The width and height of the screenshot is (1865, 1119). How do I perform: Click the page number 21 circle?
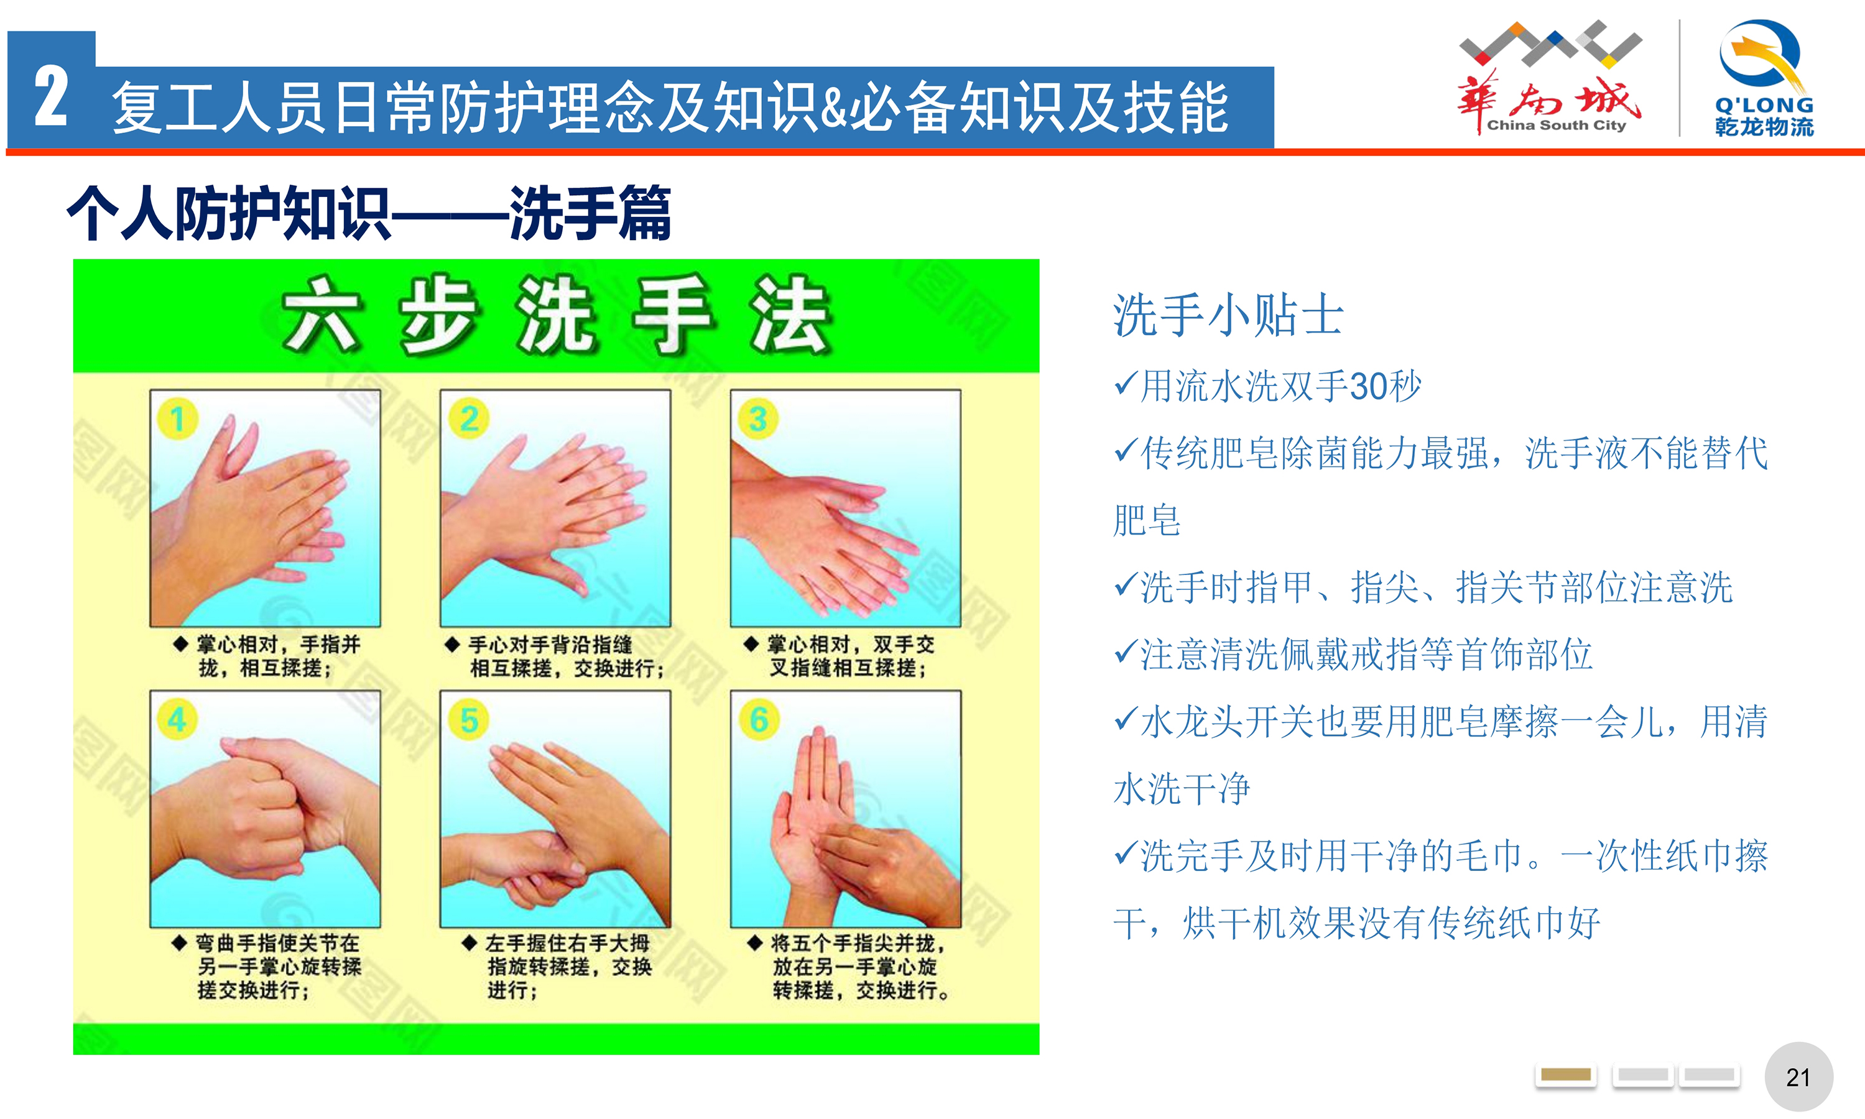click(x=1798, y=1077)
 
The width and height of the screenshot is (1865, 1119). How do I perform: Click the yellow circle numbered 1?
click(x=178, y=418)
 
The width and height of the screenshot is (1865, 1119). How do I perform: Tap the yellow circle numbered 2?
click(x=468, y=418)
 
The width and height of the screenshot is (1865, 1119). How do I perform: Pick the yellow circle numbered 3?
click(x=758, y=418)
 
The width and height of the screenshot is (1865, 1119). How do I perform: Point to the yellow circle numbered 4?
click(x=178, y=719)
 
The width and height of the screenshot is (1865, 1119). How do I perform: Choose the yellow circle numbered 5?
click(x=468, y=719)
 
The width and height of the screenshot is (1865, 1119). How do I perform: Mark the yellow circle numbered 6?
click(x=758, y=719)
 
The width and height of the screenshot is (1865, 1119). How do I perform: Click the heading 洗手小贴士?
click(x=1228, y=315)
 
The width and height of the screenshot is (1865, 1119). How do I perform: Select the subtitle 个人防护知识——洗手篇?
click(x=369, y=213)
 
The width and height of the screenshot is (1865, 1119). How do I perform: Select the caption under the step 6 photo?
click(x=848, y=967)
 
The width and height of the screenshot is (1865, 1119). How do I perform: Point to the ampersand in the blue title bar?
click(x=834, y=108)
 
